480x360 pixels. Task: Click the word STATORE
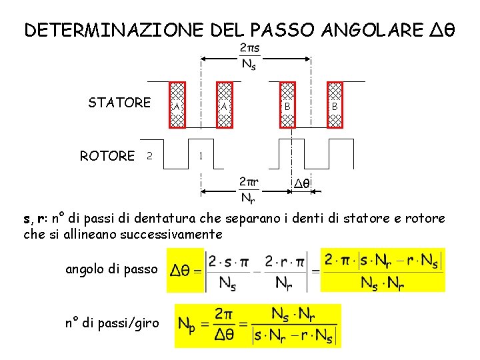pos(119,103)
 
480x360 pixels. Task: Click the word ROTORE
pos(107,156)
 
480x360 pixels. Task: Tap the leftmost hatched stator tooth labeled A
pos(177,105)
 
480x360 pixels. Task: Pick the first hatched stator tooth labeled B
pos(287,105)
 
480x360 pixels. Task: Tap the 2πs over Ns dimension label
pos(249,56)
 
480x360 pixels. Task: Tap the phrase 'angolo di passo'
pos(111,269)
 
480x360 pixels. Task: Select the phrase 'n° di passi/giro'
pos(112,323)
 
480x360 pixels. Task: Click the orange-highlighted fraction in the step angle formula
pos(383,270)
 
